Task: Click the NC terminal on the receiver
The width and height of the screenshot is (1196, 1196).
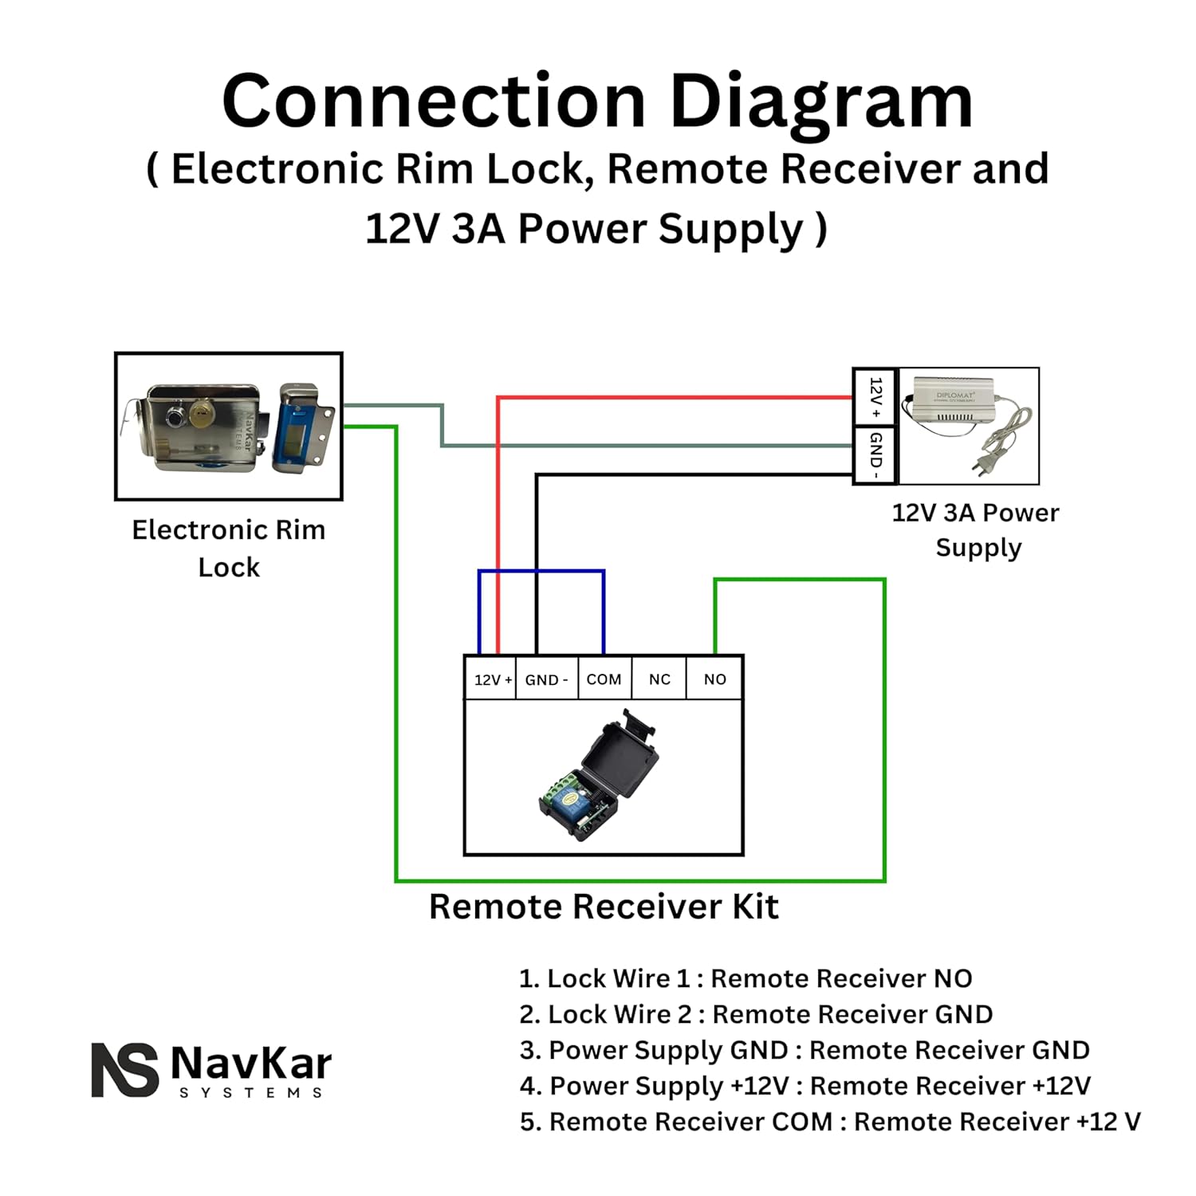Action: coord(659,679)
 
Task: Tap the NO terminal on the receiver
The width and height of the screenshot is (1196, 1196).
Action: coord(714,679)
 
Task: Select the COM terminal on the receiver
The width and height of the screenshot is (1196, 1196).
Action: coord(604,679)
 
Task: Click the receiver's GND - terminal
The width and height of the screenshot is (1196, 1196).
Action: coord(546,679)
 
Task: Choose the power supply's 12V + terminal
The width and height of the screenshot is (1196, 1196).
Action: coord(875,397)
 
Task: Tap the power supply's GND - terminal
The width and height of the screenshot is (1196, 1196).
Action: coord(875,455)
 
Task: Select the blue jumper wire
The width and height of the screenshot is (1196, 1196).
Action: coord(542,571)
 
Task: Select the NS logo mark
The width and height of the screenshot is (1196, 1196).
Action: coord(124,1070)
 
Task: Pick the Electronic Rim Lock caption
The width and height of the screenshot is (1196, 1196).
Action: coord(229,549)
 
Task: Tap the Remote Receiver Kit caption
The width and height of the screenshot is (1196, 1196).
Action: coord(604,907)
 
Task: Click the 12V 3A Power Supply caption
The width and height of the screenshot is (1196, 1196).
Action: coord(976,529)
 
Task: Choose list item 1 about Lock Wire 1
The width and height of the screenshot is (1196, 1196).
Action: coord(746,978)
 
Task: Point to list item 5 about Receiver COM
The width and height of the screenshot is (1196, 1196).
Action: coord(829,1122)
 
